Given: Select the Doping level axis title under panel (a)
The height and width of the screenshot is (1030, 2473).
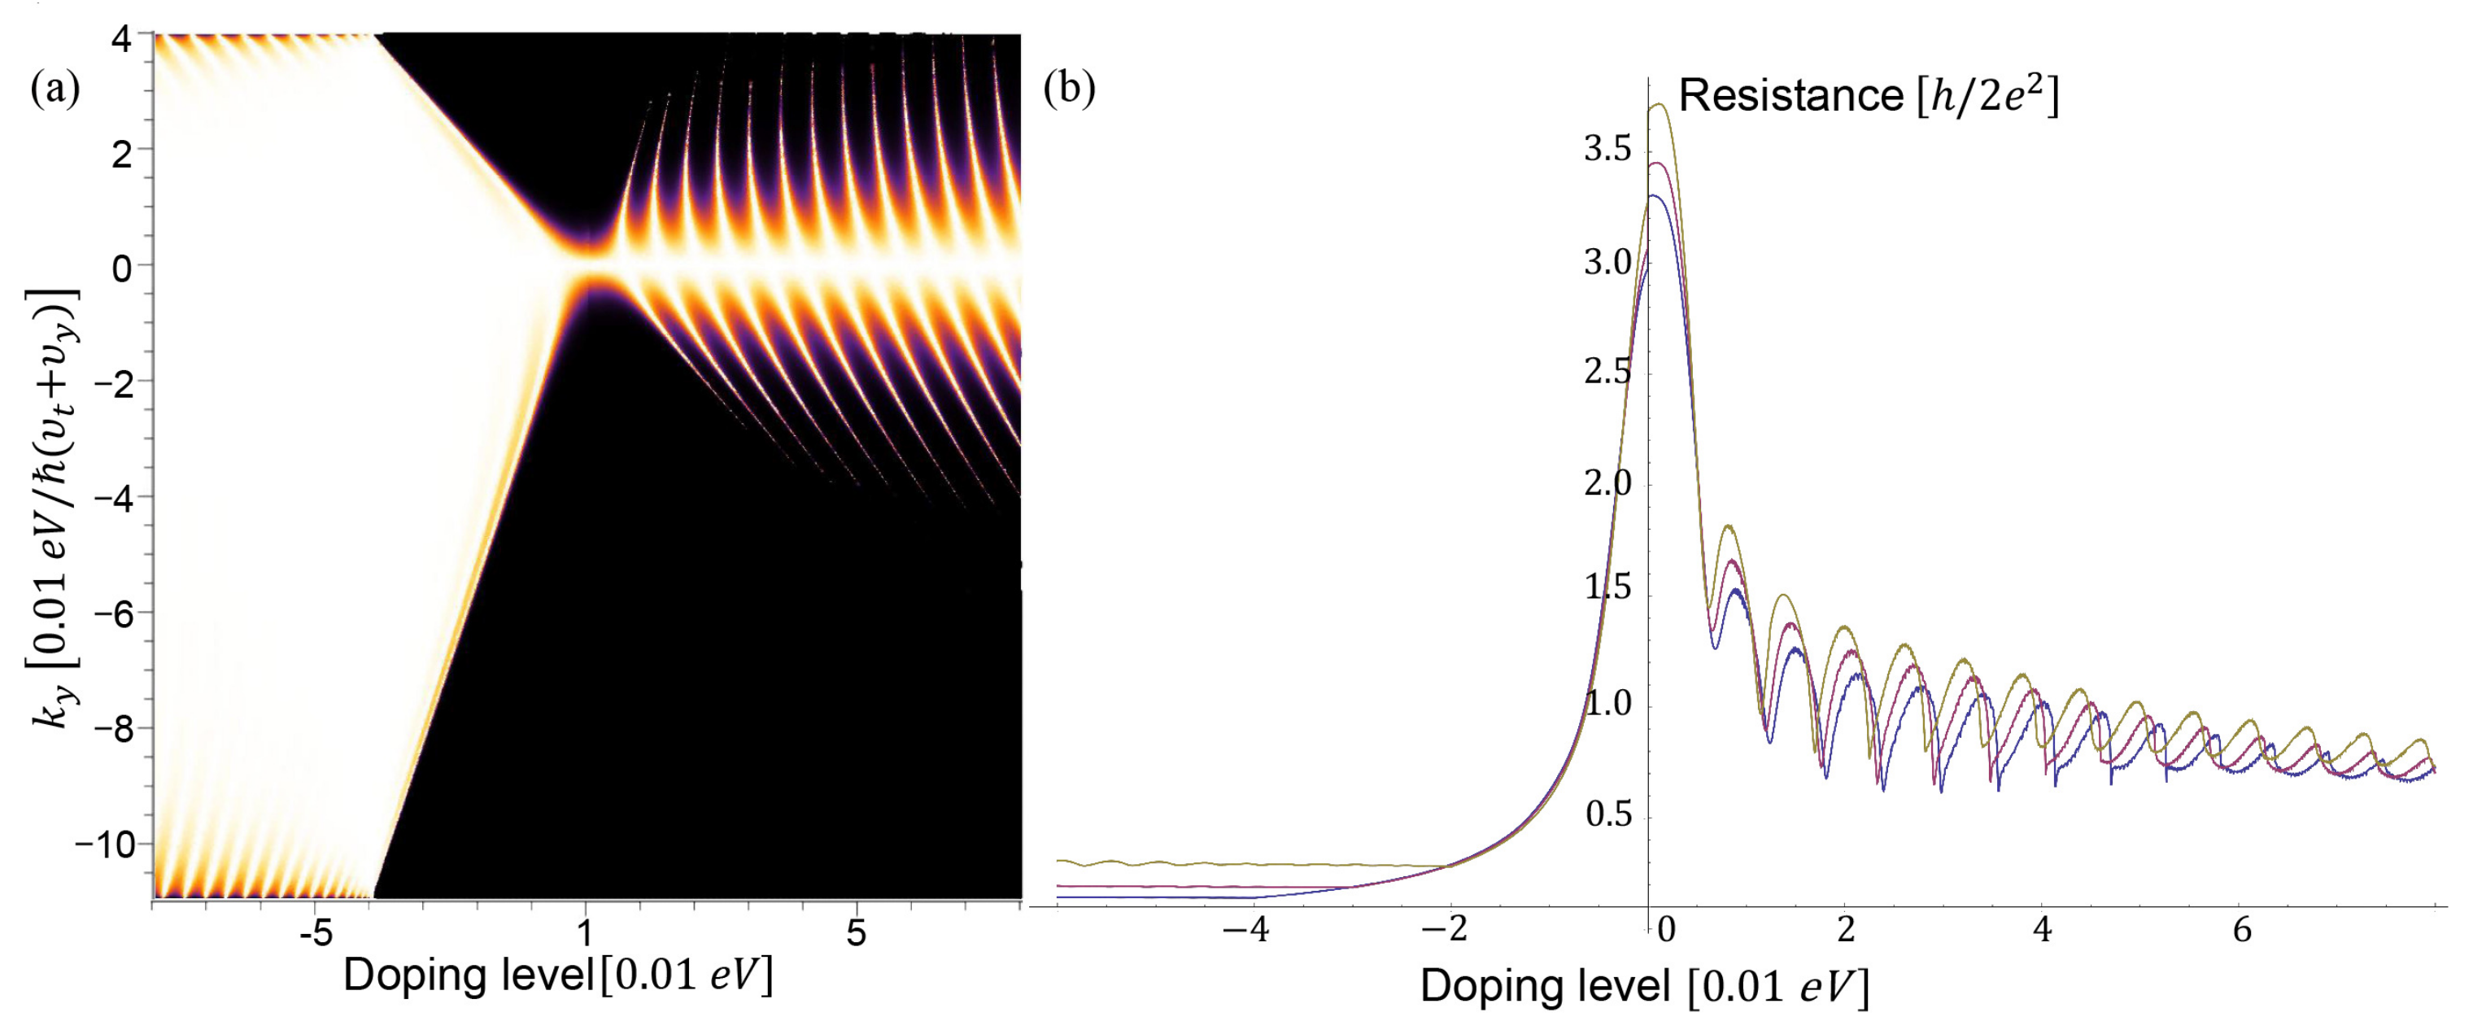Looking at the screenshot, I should point(556,976).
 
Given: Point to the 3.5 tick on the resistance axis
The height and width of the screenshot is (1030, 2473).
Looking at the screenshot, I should point(1608,151).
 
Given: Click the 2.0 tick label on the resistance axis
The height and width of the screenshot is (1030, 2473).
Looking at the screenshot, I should point(1608,482).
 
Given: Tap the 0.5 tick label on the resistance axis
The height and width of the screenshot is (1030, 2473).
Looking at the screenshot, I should point(1608,815).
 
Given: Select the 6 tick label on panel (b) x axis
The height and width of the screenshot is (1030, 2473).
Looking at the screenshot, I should point(2243,930).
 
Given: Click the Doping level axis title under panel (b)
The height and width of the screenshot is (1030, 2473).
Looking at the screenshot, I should point(1645,988).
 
